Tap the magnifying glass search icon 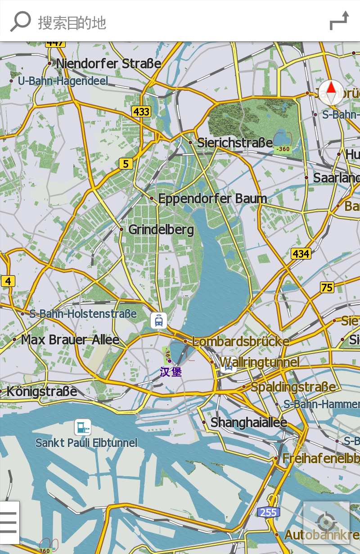[x=20, y=21]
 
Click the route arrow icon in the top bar [x=339, y=21]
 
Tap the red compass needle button [x=331, y=92]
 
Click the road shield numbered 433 [x=141, y=112]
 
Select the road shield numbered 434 [x=301, y=254]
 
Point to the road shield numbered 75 [x=327, y=287]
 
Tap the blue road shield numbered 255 [x=268, y=512]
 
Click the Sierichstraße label [x=235, y=143]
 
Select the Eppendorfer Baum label [x=212, y=198]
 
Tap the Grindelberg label [x=161, y=230]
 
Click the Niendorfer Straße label [x=108, y=63]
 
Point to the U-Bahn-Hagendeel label [x=63, y=81]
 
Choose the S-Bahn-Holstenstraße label [x=83, y=314]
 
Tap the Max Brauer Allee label [x=70, y=340]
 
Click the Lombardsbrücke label [x=241, y=341]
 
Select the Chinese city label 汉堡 [x=171, y=372]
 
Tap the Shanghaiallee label [x=249, y=423]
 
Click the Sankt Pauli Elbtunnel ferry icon [x=83, y=427]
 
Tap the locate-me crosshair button [x=326, y=523]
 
